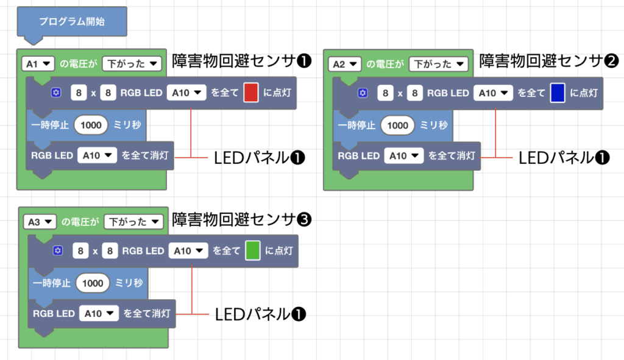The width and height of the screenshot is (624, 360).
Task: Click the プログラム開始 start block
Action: tap(72, 22)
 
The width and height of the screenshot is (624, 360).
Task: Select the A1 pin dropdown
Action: tap(38, 63)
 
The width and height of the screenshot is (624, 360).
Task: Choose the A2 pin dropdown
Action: tap(346, 63)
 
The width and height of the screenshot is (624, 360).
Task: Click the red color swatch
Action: tap(251, 93)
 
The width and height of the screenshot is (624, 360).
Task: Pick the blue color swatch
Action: tap(558, 93)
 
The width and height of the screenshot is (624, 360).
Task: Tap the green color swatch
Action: tap(253, 250)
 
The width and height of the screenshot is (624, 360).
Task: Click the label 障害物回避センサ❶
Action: tap(242, 61)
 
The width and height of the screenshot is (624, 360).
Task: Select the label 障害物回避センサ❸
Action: tap(242, 219)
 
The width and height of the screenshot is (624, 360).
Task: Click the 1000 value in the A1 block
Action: tap(91, 125)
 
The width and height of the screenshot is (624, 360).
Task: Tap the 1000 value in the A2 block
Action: tap(397, 125)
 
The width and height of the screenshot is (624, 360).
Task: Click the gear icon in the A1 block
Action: tap(56, 93)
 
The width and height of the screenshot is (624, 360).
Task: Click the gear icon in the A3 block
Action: tap(58, 250)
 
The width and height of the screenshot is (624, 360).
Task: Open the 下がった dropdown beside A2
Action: tap(438, 63)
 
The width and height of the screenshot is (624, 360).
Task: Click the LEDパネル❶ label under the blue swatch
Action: tap(564, 157)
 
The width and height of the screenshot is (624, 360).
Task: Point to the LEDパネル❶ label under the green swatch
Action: tap(260, 314)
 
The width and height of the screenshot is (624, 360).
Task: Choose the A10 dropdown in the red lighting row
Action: tap(186, 93)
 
